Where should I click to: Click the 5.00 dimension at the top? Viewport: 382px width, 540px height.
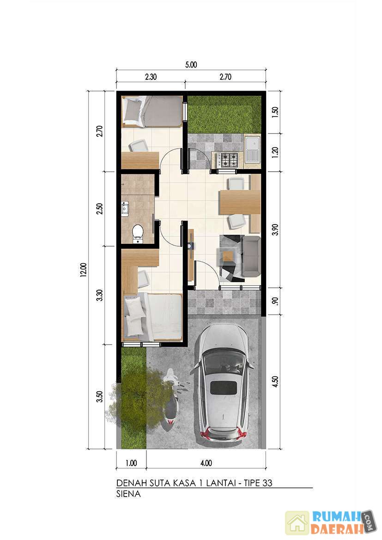click(191, 65)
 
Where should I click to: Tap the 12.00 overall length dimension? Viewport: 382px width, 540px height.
click(84, 270)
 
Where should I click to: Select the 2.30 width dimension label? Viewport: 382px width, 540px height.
click(151, 77)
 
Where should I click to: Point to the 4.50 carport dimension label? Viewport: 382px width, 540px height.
click(275, 382)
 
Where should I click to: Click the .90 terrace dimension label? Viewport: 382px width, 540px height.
click(275, 301)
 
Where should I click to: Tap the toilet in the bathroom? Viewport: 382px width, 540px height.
click(138, 233)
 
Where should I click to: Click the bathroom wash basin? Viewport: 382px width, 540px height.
click(125, 208)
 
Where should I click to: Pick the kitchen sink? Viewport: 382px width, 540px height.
click(253, 149)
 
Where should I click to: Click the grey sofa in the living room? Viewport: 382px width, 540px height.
click(251, 256)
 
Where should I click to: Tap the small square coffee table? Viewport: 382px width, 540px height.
click(228, 256)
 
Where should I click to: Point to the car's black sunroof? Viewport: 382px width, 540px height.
click(224, 388)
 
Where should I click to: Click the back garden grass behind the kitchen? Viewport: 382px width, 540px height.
click(224, 114)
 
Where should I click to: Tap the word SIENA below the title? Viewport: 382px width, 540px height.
click(128, 494)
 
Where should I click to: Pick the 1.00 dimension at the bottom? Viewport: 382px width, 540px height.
click(131, 463)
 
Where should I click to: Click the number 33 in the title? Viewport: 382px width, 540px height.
click(267, 483)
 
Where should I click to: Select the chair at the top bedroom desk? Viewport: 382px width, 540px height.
click(139, 146)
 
